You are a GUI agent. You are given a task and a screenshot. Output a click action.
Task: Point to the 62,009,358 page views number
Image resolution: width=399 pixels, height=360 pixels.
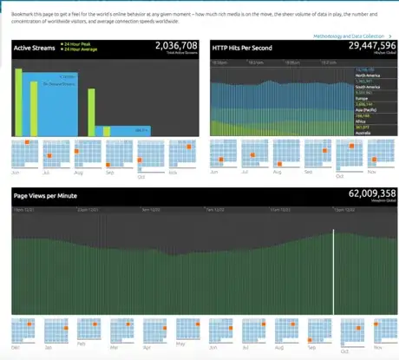372,194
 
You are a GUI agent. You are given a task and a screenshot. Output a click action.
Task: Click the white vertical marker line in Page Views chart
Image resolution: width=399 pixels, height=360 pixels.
334,269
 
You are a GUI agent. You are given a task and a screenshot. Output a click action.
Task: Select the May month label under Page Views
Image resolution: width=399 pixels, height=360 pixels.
178,344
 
